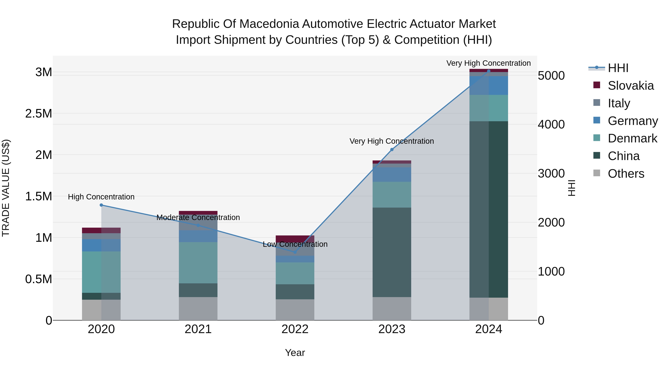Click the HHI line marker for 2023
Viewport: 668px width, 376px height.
(392, 149)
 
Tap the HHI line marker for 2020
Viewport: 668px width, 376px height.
(101, 205)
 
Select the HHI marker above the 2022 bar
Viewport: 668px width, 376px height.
(295, 252)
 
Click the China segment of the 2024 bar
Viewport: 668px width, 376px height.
(489, 209)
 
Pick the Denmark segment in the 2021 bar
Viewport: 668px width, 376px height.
(198, 262)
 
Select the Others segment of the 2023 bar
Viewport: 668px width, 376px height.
(392, 309)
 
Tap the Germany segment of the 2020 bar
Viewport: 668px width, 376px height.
(101, 245)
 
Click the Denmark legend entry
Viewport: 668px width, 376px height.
(632, 138)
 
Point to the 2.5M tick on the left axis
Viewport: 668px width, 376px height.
(39, 114)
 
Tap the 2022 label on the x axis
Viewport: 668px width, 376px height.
(295, 329)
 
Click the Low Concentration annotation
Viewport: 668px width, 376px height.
(295, 244)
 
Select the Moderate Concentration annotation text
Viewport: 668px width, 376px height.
(198, 217)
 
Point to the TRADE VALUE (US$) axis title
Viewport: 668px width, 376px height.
(6, 188)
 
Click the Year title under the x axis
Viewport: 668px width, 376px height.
(295, 353)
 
